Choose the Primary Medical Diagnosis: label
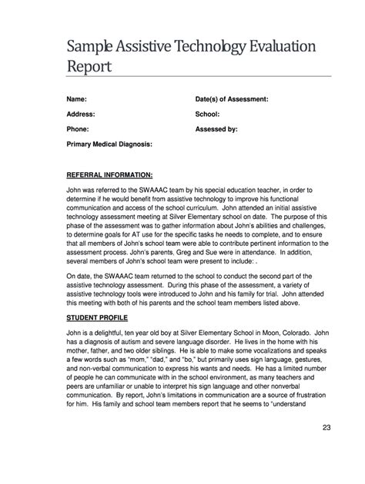(109, 144)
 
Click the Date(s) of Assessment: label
(232, 100)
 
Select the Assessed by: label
(217, 129)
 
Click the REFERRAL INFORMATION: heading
(109, 174)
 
